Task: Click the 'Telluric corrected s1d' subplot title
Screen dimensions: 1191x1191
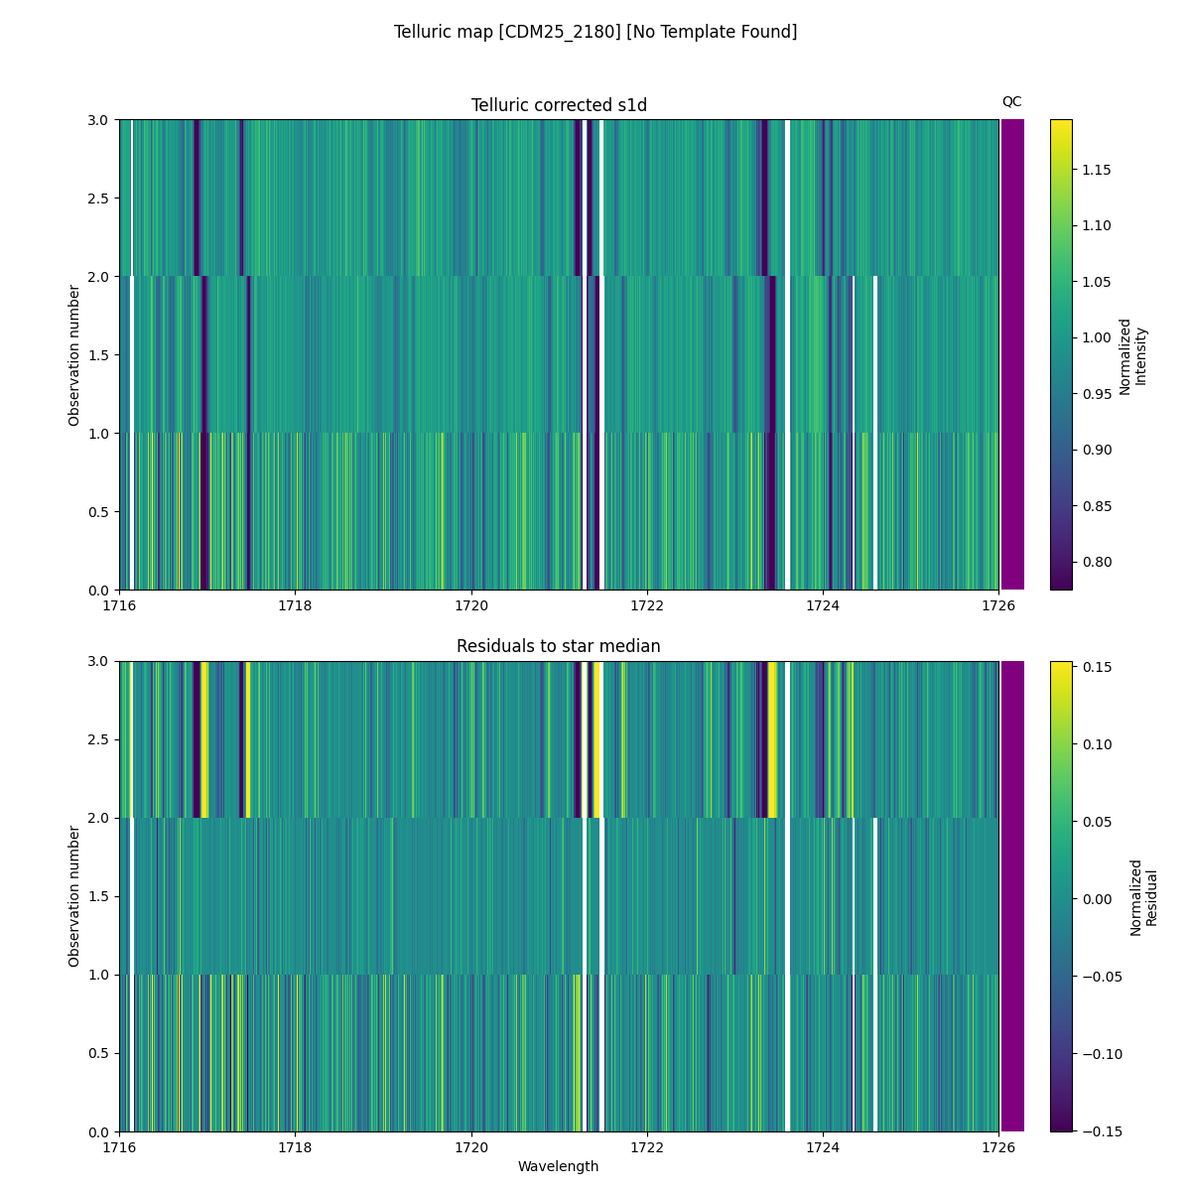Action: click(x=559, y=105)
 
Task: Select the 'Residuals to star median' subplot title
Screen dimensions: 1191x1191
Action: click(x=559, y=646)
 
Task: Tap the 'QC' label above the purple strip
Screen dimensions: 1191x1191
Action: click(x=1011, y=101)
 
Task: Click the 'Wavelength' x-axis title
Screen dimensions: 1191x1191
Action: click(x=559, y=1166)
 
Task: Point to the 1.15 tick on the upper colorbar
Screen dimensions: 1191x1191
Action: click(x=1097, y=170)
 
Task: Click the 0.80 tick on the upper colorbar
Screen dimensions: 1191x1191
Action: click(x=1097, y=562)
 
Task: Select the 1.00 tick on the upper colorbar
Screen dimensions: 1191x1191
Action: click(x=1097, y=337)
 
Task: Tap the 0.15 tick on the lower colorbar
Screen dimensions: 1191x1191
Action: click(x=1097, y=667)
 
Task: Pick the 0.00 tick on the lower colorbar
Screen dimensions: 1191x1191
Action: click(x=1097, y=899)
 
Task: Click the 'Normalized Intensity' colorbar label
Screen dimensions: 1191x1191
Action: click(x=1132, y=355)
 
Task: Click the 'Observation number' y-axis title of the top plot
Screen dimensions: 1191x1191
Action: click(x=74, y=355)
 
